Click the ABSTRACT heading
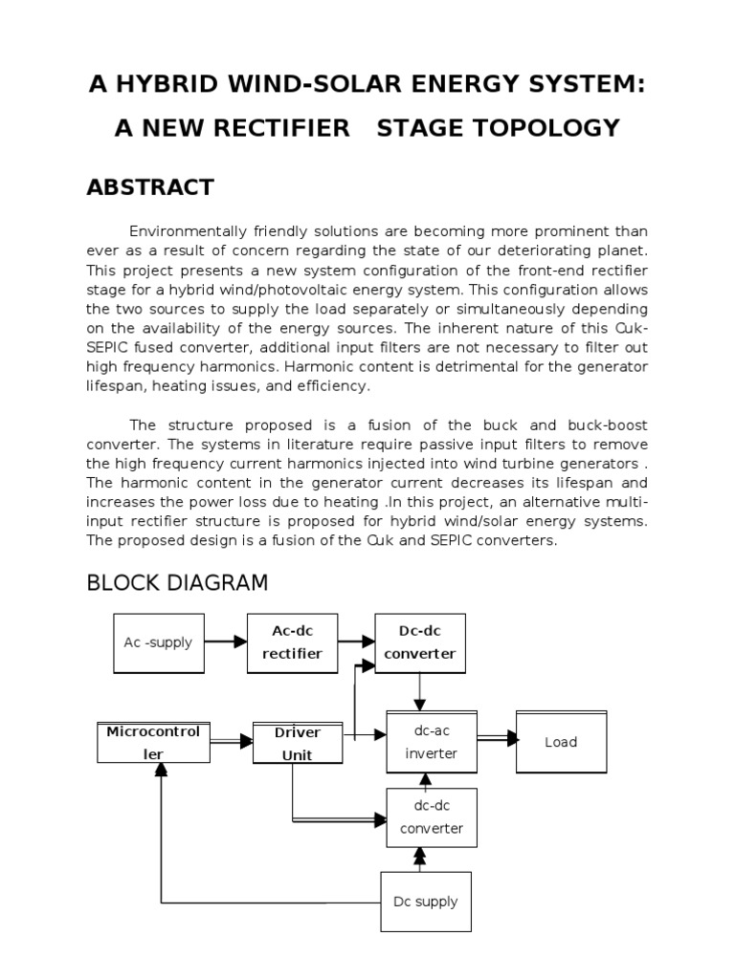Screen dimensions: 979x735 pyautogui.click(x=150, y=187)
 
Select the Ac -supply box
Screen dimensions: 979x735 pyautogui.click(x=158, y=642)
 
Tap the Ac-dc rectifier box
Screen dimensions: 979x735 pyautogui.click(x=292, y=642)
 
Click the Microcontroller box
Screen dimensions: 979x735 pyautogui.click(x=153, y=743)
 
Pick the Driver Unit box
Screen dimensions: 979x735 pyautogui.click(x=297, y=744)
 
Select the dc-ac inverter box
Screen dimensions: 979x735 pyautogui.click(x=431, y=742)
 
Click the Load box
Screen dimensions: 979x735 pyautogui.click(x=561, y=742)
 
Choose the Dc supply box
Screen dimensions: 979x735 pyautogui.click(x=426, y=901)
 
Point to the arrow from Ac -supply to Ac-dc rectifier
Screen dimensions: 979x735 pyautogui.click(x=226, y=642)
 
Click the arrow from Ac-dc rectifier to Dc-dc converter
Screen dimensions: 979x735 pyautogui.click(x=355, y=642)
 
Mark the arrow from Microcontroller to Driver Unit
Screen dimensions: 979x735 pyautogui.click(x=231, y=740)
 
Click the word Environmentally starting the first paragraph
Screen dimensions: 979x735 pyautogui.click(x=188, y=231)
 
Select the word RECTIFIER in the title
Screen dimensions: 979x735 pyautogui.click(x=279, y=128)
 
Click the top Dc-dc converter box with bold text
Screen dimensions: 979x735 pyautogui.click(x=419, y=642)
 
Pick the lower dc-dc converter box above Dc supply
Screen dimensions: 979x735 pyautogui.click(x=431, y=817)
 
